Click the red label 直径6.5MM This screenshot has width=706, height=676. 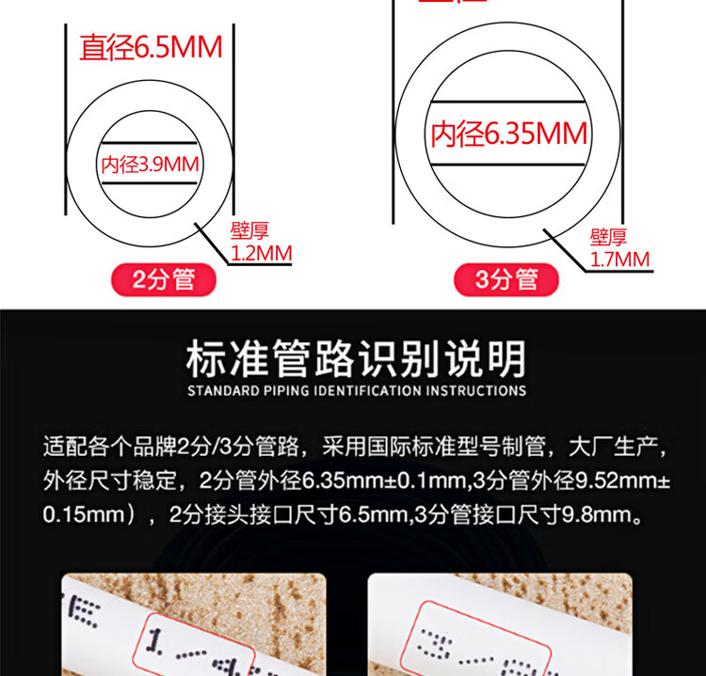point(151,48)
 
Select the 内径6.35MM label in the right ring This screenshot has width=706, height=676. point(509,134)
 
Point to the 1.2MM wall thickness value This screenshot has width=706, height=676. point(262,252)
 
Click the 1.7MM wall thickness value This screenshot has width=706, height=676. point(619,259)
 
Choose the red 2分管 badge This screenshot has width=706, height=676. point(164,279)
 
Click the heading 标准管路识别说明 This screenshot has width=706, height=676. point(356,358)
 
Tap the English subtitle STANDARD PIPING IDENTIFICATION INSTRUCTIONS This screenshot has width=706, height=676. point(356,389)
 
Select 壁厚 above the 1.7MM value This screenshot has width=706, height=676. point(608,237)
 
